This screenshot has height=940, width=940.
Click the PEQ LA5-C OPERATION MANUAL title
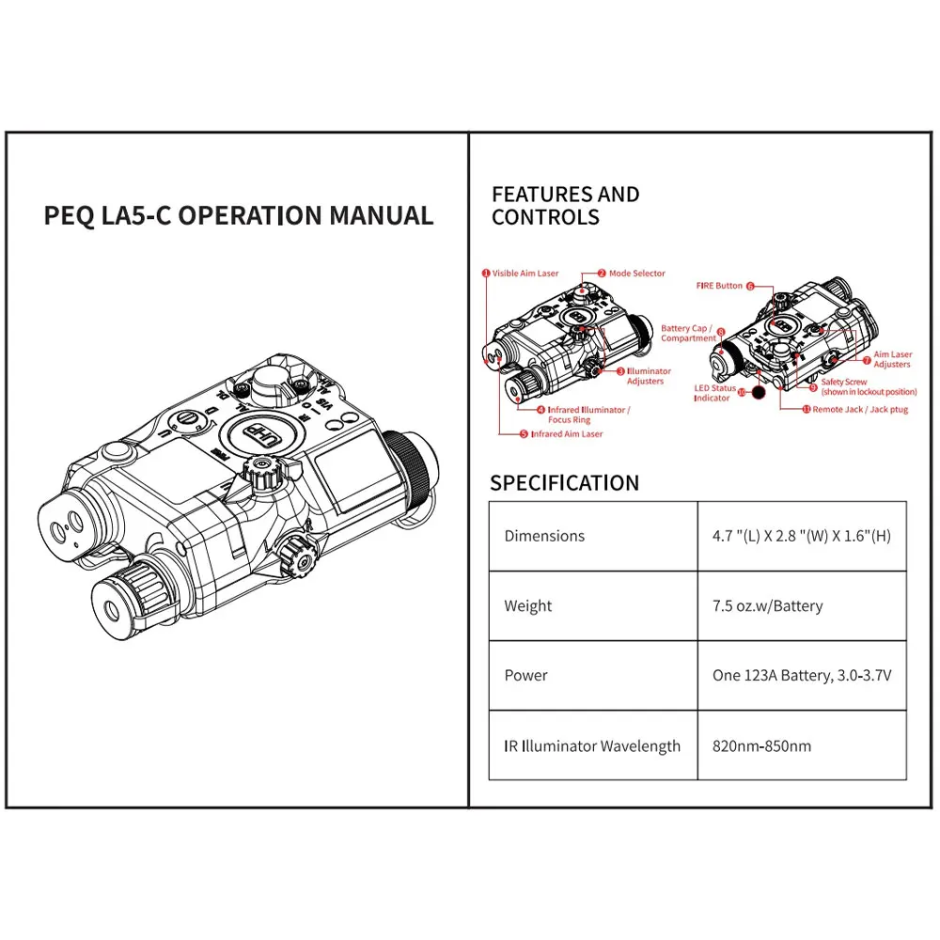coord(239,215)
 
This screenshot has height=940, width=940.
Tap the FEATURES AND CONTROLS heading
coord(565,206)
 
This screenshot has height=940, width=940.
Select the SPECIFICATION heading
coord(564,483)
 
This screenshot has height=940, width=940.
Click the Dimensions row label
coord(544,536)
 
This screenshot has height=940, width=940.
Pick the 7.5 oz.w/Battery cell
coord(767,606)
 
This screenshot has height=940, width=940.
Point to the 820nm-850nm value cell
coord(761,746)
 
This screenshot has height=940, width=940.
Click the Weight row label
coord(528,606)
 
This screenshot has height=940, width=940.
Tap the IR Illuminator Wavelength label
coord(592,746)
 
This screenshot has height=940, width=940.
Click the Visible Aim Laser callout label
coord(525,274)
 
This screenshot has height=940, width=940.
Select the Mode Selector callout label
coord(636,274)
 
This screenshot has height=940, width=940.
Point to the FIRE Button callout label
coord(719,285)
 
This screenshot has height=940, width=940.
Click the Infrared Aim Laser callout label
coord(566,434)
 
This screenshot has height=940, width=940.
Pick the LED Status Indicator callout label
coord(714,393)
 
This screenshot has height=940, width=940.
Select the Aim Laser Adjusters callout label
coord(892,359)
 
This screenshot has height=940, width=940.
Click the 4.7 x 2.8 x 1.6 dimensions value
coord(802,536)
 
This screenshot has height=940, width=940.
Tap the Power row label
coord(525,676)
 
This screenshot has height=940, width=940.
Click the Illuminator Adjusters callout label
coord(649,376)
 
